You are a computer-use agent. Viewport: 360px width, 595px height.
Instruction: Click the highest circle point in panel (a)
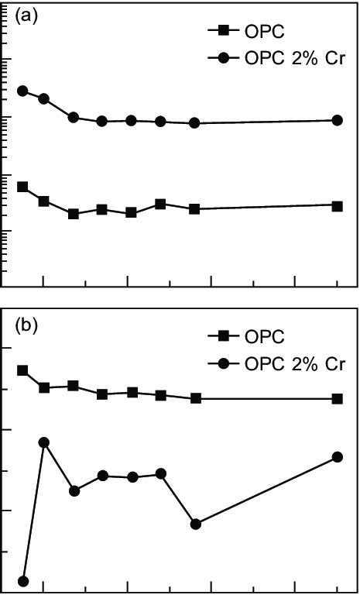(x=22, y=91)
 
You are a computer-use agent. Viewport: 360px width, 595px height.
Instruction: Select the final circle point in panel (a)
(x=338, y=120)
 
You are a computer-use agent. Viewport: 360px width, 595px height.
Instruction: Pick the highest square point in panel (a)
(x=22, y=187)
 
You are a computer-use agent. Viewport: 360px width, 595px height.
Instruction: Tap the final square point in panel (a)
(x=338, y=205)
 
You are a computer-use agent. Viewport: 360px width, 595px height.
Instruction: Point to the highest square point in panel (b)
(x=22, y=370)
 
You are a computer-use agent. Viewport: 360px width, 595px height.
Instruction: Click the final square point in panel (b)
(x=338, y=398)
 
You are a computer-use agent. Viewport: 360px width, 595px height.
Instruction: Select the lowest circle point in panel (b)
(x=22, y=581)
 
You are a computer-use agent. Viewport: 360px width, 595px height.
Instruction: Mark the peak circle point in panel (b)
(x=44, y=442)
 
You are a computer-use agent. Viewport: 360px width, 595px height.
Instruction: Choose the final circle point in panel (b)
(x=338, y=457)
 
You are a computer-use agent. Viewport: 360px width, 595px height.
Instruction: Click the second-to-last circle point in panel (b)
(x=196, y=524)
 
